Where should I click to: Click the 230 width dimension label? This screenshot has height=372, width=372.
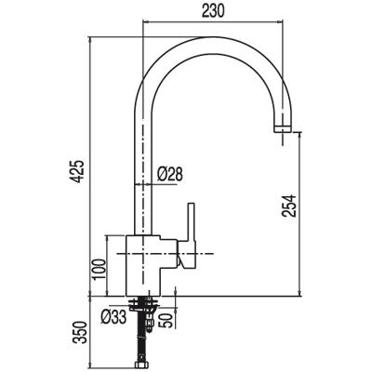coord(213,12)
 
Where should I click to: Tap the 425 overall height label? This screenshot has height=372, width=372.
coord(78,171)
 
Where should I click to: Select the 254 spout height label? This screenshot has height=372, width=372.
coord(289,206)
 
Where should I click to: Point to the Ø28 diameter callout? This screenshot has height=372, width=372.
coord(170,175)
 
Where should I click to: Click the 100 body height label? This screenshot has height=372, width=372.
coord(100,269)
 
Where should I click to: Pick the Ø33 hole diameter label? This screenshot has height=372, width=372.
coord(113,317)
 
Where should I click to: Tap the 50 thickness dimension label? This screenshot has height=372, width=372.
coord(165,320)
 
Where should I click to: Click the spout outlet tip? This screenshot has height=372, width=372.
coord(283,129)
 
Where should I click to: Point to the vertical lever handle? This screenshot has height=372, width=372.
coord(191,222)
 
